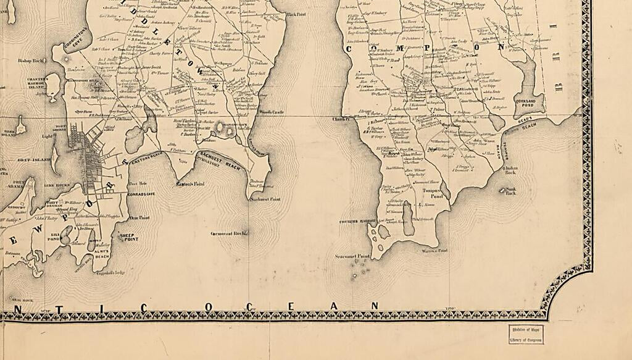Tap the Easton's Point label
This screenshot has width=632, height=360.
click(x=189, y=184)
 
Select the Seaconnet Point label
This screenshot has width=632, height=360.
click(x=352, y=256)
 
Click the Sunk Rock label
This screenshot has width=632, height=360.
click(x=511, y=191)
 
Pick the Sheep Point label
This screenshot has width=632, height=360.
click(x=128, y=236)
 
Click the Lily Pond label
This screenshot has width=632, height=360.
click(x=55, y=237)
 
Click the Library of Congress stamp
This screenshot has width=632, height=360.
click(x=526, y=334)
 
